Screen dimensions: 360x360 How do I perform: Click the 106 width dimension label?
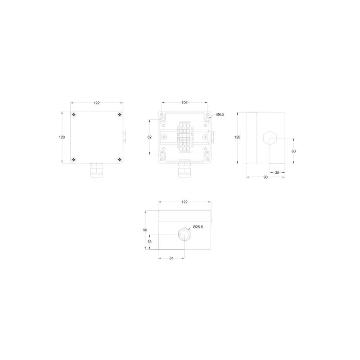pyautogui.click(x=184, y=103)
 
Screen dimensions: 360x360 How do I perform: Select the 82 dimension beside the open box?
pyautogui.click(x=149, y=137)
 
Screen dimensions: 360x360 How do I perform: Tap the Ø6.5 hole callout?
pyautogui.click(x=220, y=114)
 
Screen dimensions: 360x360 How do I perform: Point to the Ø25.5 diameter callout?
pyautogui.click(x=198, y=227)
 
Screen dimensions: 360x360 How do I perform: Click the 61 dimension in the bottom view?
pyautogui.click(x=171, y=258)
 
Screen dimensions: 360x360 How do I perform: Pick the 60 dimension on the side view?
pyautogui.click(x=294, y=151)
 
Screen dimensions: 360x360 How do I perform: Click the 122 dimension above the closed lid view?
pyautogui.click(x=97, y=103)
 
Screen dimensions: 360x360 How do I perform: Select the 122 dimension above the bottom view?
pyautogui.click(x=184, y=202)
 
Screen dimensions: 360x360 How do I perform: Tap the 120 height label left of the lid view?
pyautogui.click(x=62, y=137)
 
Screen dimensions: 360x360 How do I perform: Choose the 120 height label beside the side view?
pyautogui.click(x=238, y=137)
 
